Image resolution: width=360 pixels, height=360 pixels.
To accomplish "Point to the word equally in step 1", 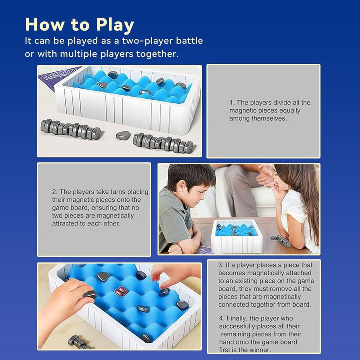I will pos(289,111).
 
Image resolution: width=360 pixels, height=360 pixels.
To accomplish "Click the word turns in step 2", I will pos(110,192).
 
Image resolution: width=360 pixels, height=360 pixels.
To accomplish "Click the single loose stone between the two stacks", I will pos(123,135).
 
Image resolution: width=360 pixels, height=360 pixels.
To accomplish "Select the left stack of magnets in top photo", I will pos(70,129).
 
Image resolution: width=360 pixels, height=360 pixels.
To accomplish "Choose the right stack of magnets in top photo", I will pos(163,143).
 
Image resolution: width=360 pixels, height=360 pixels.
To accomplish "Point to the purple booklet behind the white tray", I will pos(56,79).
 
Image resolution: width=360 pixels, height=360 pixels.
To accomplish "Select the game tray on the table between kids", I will pos(237,236).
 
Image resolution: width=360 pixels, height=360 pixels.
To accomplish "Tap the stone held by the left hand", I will pos(90,294).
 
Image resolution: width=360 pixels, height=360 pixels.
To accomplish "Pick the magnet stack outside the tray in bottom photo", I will pos(78,342).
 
